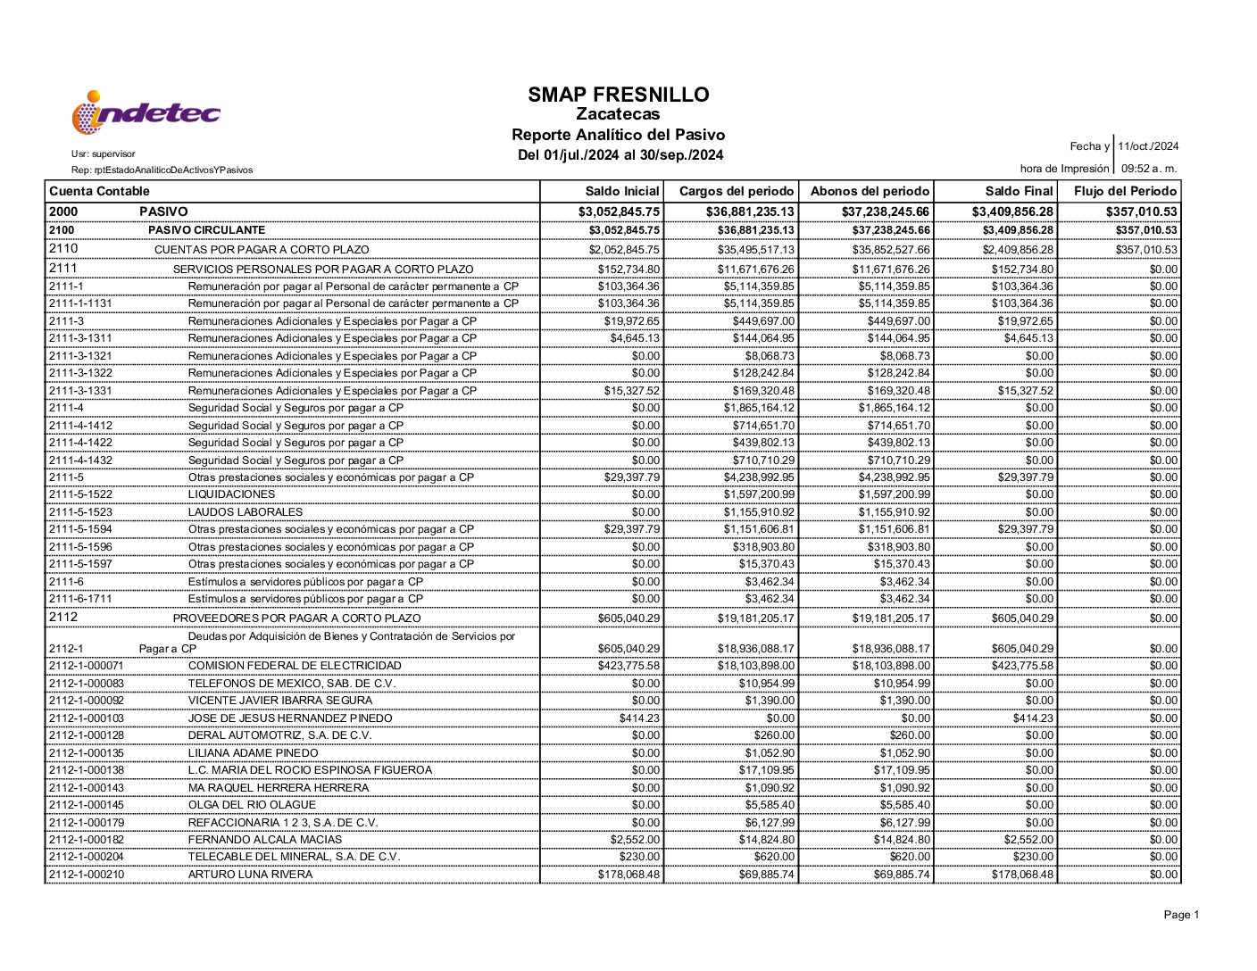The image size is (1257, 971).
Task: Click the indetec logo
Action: tap(146, 113)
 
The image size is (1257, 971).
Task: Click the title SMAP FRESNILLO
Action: tap(618, 95)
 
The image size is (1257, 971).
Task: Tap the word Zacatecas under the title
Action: tap(618, 114)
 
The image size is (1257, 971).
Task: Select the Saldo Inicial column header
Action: tap(622, 191)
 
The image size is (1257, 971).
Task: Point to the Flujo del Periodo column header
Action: tap(1125, 191)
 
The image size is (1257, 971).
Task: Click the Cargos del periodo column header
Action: tap(736, 191)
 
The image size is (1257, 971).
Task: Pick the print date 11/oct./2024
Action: tap(1148, 146)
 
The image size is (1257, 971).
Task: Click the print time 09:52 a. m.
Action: tap(1149, 169)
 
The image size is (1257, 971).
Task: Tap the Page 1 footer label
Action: tap(1181, 915)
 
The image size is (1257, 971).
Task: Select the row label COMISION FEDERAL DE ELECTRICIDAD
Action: tap(295, 666)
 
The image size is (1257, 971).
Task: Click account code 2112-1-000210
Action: tap(87, 875)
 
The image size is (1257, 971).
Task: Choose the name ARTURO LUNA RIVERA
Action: tap(250, 875)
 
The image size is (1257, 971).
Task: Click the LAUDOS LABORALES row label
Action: tap(246, 512)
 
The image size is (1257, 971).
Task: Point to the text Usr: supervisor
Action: tap(104, 154)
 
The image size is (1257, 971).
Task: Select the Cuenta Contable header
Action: tap(99, 191)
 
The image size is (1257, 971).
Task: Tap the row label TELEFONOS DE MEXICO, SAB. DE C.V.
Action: tap(292, 684)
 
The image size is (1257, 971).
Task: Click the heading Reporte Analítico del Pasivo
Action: tap(618, 135)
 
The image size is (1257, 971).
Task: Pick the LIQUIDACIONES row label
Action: tap(231, 494)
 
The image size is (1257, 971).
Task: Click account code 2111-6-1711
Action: tap(80, 599)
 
